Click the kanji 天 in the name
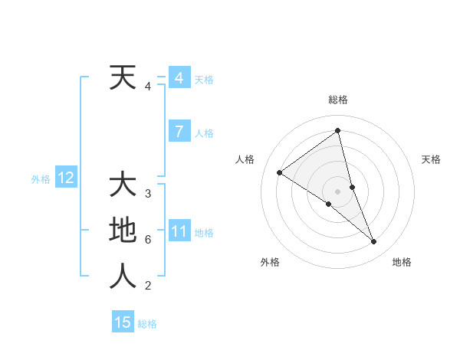pos(123,77)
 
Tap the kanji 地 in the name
pos(123,231)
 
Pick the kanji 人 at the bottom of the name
pos(123,277)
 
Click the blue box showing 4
pos(179,78)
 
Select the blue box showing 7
pos(179,132)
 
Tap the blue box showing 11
pos(179,231)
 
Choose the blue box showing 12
pos(65,178)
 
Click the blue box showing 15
pos(123,322)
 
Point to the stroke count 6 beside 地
pos(148,240)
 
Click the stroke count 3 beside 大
pos(148,193)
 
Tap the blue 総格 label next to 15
pos(147,324)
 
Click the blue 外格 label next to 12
pos(41,179)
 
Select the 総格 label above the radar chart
pos(337,100)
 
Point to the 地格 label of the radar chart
pos(402,262)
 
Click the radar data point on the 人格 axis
pos(280,172)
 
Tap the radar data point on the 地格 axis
pos(374,242)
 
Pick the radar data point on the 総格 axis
pos(337,131)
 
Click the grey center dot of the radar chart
pos(337,191)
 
